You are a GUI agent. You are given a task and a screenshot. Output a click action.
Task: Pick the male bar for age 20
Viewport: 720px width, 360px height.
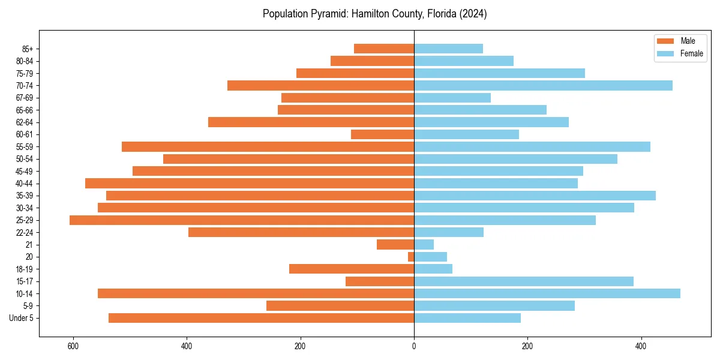[411, 257]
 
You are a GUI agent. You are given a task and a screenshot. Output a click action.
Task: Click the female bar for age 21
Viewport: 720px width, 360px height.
[424, 245]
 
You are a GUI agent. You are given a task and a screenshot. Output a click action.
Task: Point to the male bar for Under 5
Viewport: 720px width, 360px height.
[261, 318]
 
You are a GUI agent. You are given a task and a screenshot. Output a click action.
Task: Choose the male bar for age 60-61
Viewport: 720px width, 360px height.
[382, 134]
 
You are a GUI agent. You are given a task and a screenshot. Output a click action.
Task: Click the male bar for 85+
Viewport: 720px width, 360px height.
[384, 49]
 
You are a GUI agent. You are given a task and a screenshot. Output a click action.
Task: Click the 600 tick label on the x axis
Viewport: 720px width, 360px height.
[73, 347]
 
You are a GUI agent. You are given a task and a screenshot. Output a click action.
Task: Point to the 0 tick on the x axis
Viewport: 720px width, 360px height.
[414, 347]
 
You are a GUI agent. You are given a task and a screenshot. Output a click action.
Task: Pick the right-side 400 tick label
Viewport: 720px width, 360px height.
[641, 347]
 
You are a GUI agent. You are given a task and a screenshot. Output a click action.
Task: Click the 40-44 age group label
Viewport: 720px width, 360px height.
[25, 184]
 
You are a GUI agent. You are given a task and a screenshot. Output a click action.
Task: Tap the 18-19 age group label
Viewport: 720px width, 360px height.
[25, 269]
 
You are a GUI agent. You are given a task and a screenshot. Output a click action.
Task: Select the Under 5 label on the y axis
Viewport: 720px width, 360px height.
[21, 318]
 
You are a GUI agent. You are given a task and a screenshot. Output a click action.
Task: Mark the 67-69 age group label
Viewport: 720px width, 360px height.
[25, 98]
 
